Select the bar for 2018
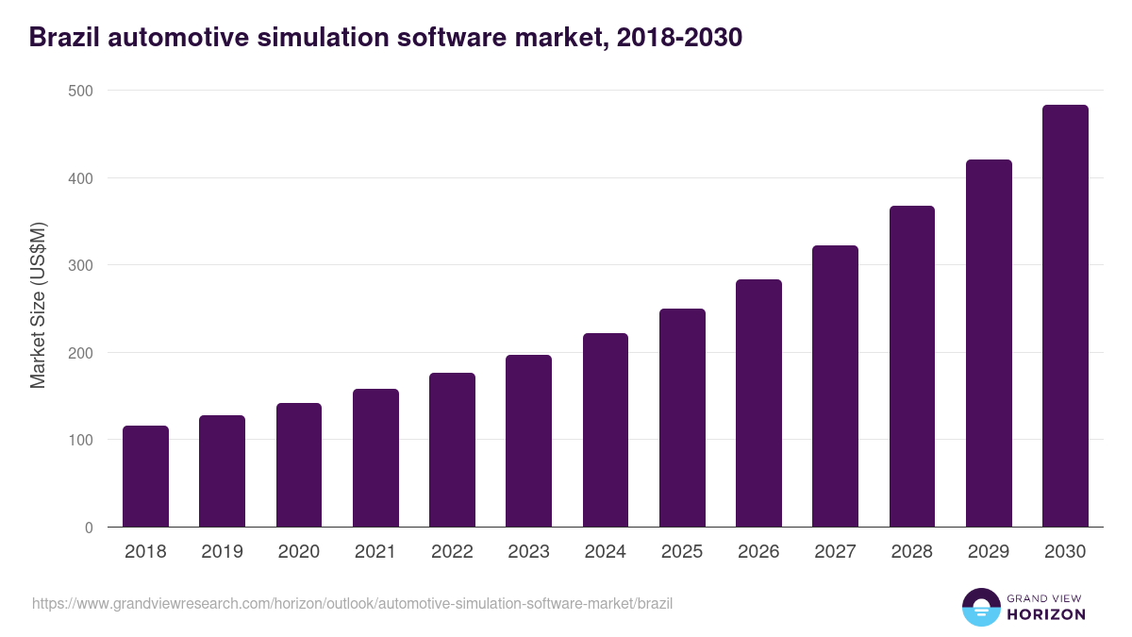145,477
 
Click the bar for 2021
375,458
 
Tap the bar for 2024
606,430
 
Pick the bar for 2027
835,386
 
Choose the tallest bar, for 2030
1065,316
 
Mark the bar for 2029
989,344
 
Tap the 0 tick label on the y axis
89,528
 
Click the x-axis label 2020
298,552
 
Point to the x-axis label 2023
528,552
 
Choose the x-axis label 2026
758,552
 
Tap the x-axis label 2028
912,552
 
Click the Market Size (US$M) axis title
39,306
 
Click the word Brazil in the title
64,38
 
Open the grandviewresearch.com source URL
352,603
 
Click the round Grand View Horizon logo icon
981,608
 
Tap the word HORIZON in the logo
1045,614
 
